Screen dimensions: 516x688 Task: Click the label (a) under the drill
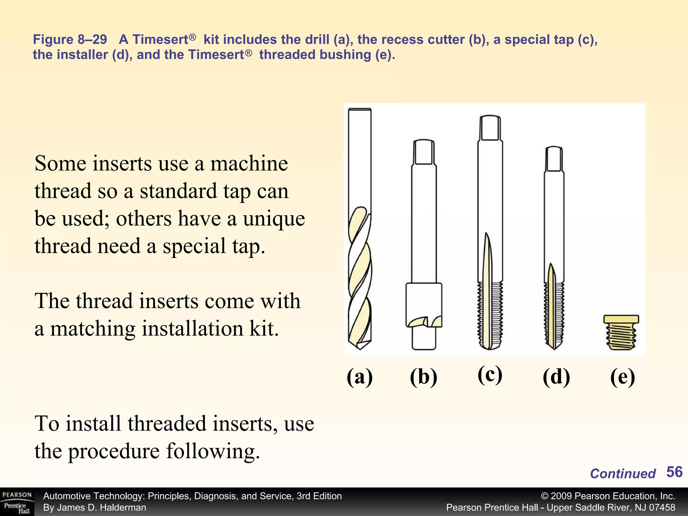pyautogui.click(x=359, y=377)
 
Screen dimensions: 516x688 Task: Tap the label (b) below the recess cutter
pyautogui.click(x=423, y=377)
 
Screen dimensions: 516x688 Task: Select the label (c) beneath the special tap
pyautogui.click(x=490, y=374)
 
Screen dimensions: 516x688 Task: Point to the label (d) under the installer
pyautogui.click(x=556, y=377)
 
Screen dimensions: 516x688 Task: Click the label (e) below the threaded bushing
pyautogui.click(x=622, y=377)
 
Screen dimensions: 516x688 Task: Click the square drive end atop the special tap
pyautogui.click(x=490, y=128)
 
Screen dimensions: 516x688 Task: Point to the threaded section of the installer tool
pyautogui.click(x=554, y=312)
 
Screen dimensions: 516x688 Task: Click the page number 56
pyautogui.click(x=674, y=472)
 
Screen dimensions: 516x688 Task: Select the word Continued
pyautogui.click(x=622, y=474)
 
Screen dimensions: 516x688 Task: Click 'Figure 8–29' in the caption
pyautogui.click(x=70, y=40)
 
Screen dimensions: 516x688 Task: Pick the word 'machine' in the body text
pyautogui.click(x=249, y=164)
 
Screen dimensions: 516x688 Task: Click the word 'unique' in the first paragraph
pyautogui.click(x=274, y=219)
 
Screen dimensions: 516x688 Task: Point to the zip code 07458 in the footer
pyautogui.click(x=661, y=508)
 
